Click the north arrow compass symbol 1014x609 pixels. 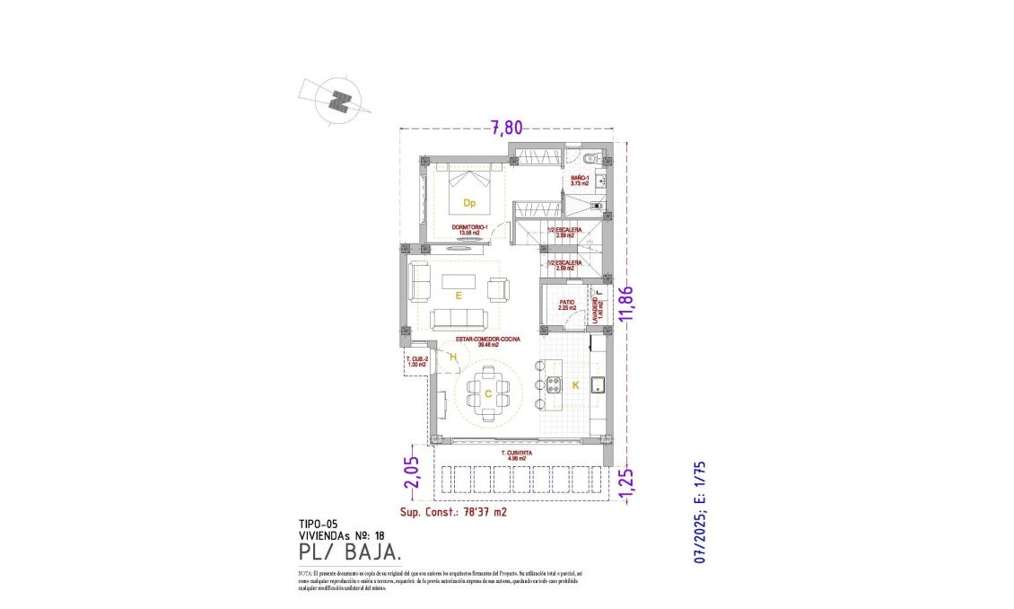point(337,99)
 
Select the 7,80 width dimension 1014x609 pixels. point(506,128)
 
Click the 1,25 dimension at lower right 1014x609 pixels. point(627,483)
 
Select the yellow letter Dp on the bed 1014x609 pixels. point(468,203)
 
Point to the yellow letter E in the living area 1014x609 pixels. point(458,295)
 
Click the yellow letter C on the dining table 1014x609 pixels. point(487,393)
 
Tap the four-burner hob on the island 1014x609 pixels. point(554,387)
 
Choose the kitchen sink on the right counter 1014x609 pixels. point(599,386)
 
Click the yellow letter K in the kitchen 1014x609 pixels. point(576,385)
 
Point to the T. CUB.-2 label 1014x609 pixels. point(417,362)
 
